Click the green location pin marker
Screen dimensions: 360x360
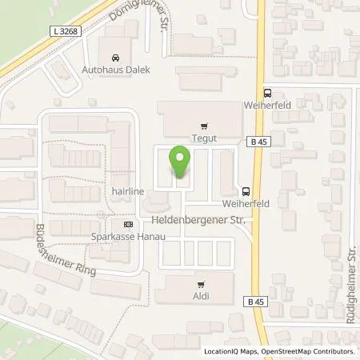point(181,165)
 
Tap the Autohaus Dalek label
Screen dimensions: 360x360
point(117,70)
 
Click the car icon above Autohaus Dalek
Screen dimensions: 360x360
point(117,58)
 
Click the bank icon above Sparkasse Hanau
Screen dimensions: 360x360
point(128,226)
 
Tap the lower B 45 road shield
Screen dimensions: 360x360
point(256,302)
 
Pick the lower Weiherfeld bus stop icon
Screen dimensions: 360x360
point(245,191)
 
